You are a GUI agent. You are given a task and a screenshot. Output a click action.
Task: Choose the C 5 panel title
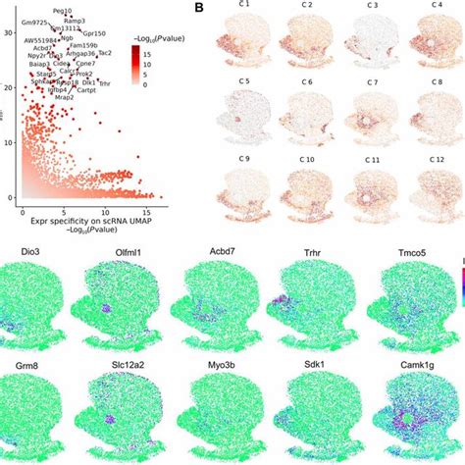244,85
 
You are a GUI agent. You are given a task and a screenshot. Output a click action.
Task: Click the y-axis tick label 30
9,32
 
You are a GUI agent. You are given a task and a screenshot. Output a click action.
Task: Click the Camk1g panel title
412,363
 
